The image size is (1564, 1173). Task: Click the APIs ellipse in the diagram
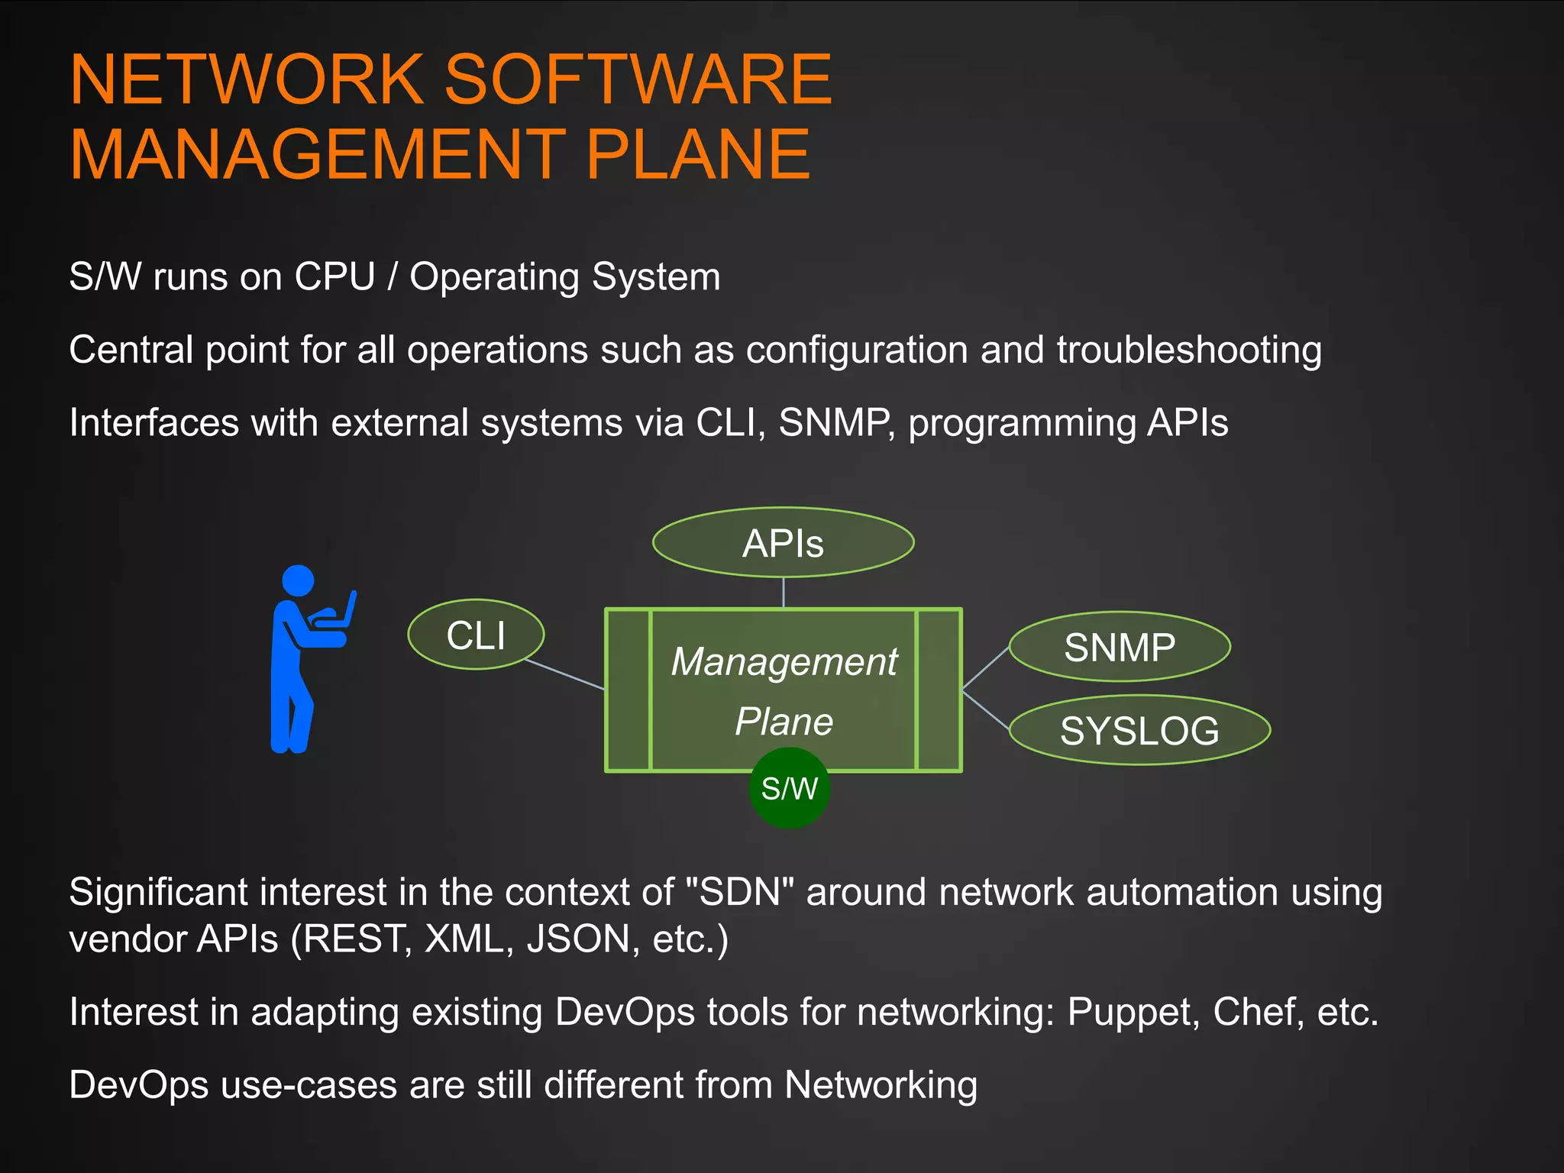coord(783,543)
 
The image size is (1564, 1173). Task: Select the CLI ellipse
coord(476,635)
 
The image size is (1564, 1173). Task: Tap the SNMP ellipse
coord(1120,647)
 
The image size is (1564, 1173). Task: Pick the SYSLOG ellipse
coord(1139,730)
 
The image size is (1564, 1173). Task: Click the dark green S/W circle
coord(790,788)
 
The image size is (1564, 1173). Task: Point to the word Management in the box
coord(784,661)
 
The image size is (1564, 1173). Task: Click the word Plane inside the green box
coord(784,722)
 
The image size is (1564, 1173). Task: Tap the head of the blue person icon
coord(298,580)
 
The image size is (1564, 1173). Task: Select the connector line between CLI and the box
coord(565,674)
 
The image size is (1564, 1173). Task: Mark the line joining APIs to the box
coord(784,593)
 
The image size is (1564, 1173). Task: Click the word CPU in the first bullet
coord(335,276)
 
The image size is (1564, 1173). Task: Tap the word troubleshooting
coord(1189,351)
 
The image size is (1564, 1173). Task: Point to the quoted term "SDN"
coord(740,892)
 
